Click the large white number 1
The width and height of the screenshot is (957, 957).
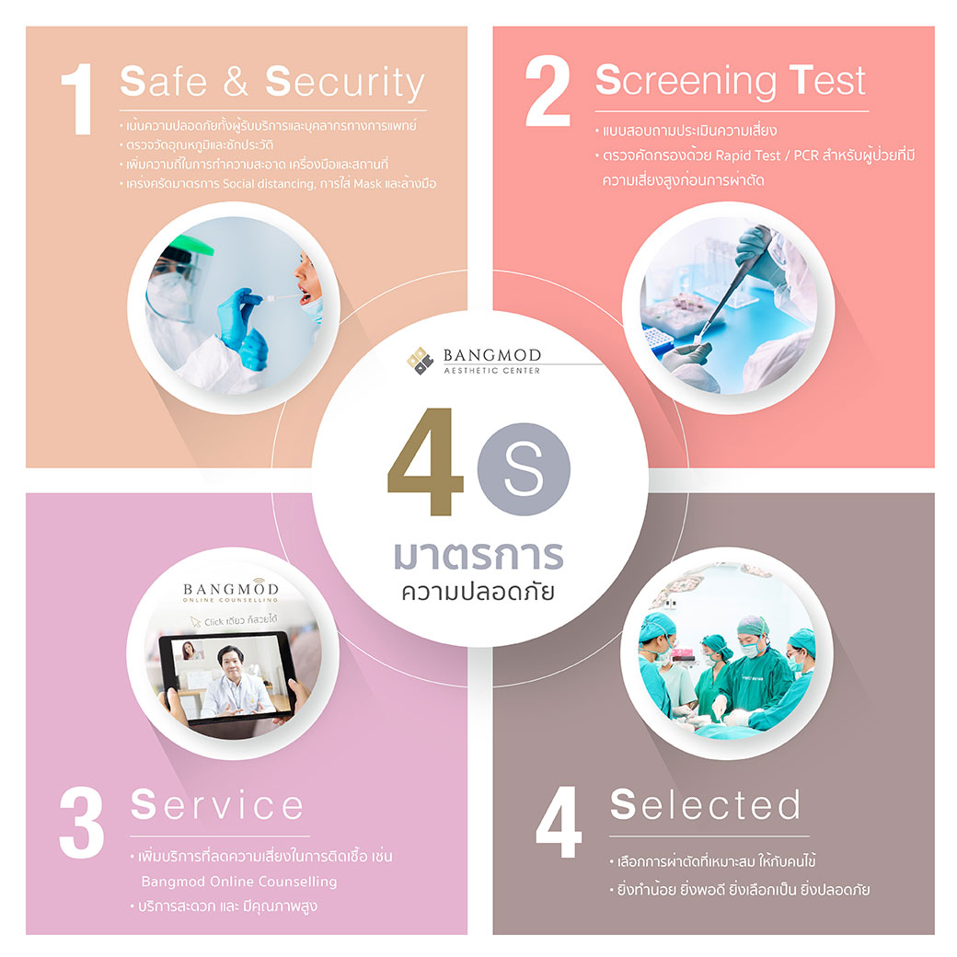pyautogui.click(x=78, y=98)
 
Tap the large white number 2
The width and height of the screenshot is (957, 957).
pyautogui.click(x=548, y=91)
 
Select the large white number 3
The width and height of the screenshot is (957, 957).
pyautogui.click(x=81, y=823)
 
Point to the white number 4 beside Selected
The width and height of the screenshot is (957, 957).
pyautogui.click(x=559, y=822)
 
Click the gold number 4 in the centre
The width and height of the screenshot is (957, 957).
pyautogui.click(x=425, y=462)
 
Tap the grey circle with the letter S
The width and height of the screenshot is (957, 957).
pyautogui.click(x=524, y=468)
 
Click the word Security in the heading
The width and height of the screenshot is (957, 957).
pyautogui.click(x=345, y=83)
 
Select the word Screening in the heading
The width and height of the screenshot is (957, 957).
pyautogui.click(x=686, y=81)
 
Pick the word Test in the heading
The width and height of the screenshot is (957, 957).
pyautogui.click(x=827, y=80)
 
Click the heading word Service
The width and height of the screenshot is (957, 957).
pyautogui.click(x=217, y=804)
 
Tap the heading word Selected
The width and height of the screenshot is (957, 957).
pyautogui.click(x=706, y=804)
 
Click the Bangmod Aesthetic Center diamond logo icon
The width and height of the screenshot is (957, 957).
pyautogui.click(x=420, y=360)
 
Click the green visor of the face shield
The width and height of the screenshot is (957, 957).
pyautogui.click(x=190, y=246)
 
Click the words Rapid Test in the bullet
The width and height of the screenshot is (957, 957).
pyautogui.click(x=747, y=156)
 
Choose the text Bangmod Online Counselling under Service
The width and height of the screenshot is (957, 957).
pyautogui.click(x=239, y=882)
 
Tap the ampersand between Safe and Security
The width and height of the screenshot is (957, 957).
pyautogui.click(x=236, y=82)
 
